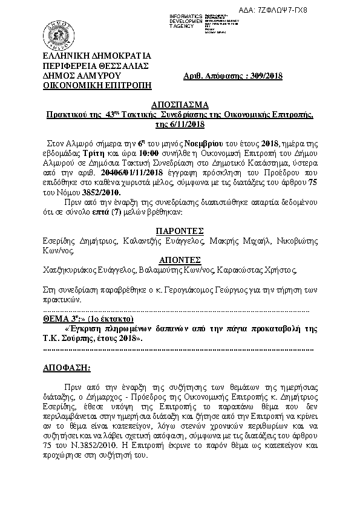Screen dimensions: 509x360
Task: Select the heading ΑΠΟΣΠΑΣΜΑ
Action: [x=179, y=104]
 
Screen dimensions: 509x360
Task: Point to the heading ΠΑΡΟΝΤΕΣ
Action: [x=180, y=230]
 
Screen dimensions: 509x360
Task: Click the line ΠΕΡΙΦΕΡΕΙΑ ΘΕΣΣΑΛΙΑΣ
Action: [x=93, y=66]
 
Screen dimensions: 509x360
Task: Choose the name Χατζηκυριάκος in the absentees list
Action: [x=70, y=270]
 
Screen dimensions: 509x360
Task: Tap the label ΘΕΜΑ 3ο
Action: [x=63, y=319]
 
